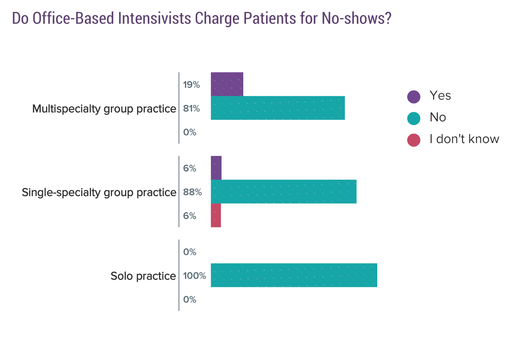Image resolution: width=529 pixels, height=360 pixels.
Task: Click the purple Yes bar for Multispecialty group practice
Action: (x=227, y=84)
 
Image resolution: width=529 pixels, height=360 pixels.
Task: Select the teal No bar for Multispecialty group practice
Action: (x=278, y=108)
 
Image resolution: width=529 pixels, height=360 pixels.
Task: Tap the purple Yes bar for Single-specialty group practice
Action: (x=216, y=168)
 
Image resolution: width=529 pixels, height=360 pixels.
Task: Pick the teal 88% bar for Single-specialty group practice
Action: (x=283, y=191)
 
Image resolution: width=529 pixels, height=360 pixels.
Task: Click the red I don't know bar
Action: (x=216, y=215)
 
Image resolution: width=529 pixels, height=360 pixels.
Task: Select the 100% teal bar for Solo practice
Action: (x=294, y=275)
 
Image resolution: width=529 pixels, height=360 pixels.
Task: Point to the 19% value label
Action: (x=191, y=85)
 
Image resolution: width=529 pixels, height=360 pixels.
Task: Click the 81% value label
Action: (x=191, y=109)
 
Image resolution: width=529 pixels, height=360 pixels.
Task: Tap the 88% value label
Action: (x=192, y=192)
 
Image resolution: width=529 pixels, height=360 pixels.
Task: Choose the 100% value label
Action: (x=194, y=276)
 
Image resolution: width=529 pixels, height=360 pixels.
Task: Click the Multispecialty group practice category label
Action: (x=104, y=109)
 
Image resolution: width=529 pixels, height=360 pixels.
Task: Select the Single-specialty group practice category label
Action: (x=99, y=192)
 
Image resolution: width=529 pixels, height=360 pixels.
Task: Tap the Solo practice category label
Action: (x=143, y=276)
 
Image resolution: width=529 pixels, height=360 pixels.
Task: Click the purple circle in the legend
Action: (x=414, y=97)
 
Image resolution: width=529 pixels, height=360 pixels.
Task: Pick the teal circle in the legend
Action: (x=414, y=118)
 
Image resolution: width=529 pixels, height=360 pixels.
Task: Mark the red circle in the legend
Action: (x=414, y=140)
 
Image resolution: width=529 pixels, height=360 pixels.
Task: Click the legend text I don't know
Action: (x=464, y=139)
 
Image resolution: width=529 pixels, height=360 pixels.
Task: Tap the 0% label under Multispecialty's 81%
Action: (x=190, y=132)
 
